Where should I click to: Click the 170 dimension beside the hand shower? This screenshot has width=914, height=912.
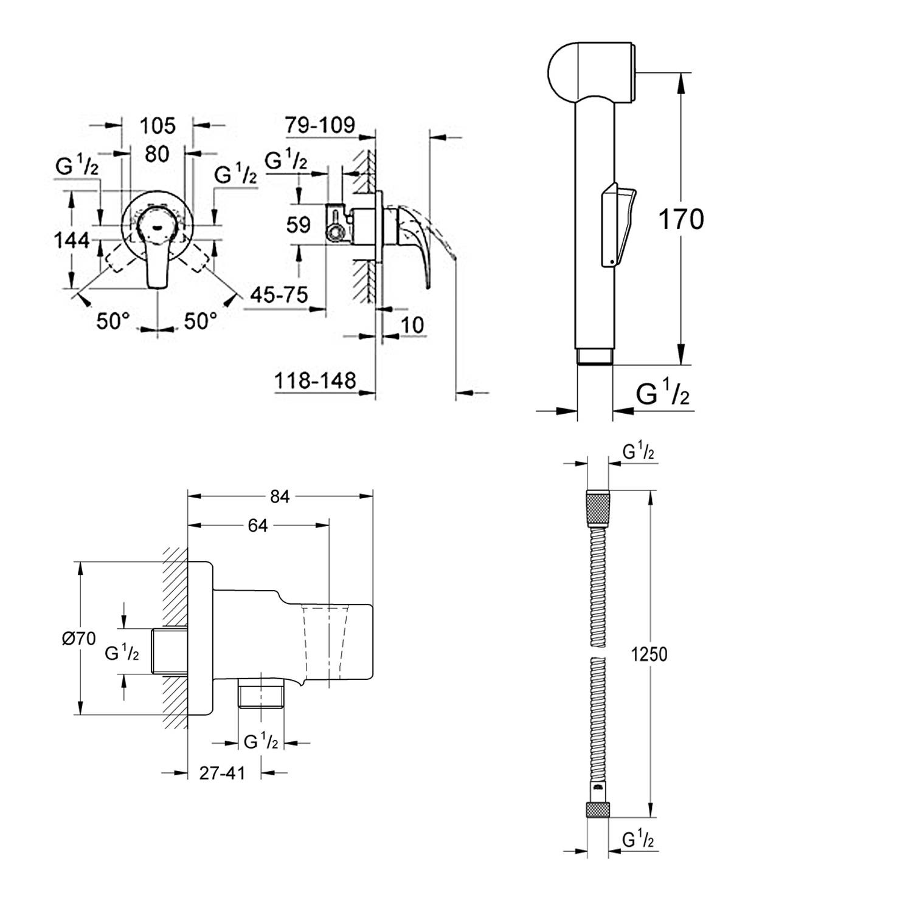681,219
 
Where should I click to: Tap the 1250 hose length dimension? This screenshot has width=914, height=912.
649,654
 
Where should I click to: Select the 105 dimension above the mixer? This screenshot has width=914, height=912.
158,126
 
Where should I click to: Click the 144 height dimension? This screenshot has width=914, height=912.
72,241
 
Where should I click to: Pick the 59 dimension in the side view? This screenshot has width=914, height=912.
298,225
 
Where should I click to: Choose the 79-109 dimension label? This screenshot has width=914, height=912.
320,125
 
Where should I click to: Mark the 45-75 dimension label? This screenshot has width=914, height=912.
279,295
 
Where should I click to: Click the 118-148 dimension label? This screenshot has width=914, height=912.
315,381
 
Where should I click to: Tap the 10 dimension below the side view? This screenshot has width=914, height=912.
412,325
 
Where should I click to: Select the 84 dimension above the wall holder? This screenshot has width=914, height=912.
280,496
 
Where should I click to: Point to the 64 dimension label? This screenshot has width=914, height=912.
258,526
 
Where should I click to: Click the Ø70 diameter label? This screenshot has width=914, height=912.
79,639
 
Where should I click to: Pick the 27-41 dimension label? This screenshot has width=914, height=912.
223,773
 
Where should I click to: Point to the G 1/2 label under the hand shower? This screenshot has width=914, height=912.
663,394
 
